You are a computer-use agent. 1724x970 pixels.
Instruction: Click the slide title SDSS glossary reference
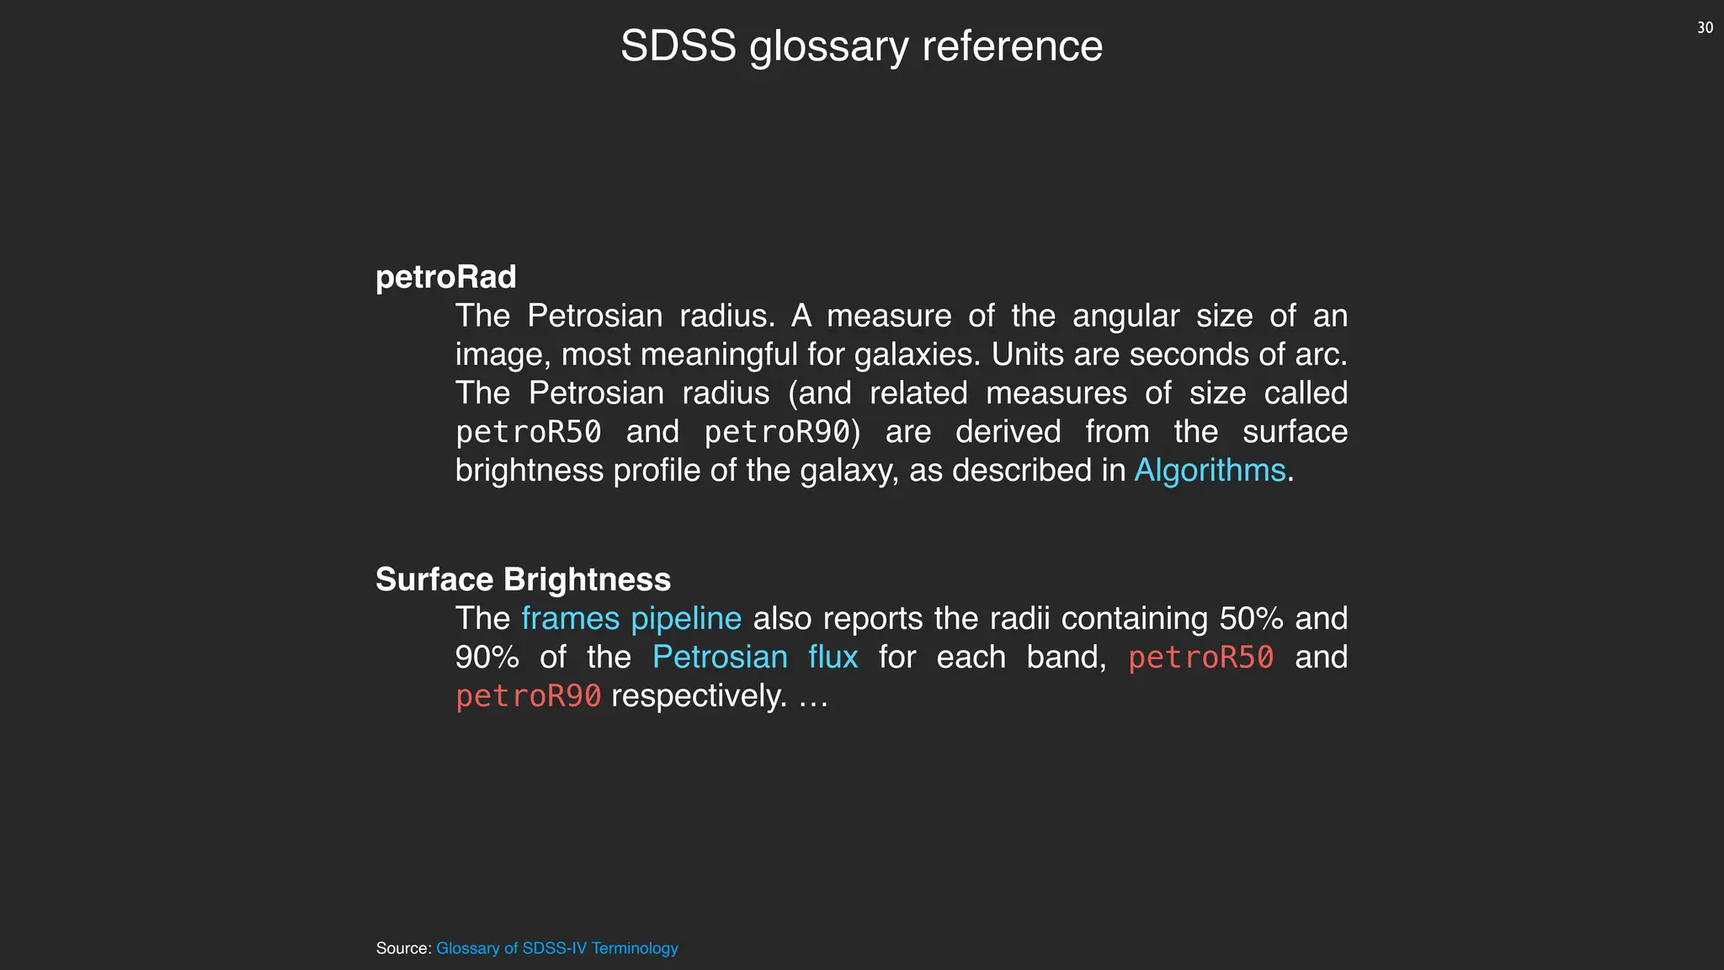coord(861,46)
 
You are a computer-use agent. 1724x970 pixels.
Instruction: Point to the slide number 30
coord(1705,28)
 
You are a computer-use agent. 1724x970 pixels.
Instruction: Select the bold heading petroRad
coord(445,277)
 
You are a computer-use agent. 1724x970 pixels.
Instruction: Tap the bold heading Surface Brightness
coord(523,579)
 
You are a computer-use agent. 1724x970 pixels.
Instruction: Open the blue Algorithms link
coord(1210,470)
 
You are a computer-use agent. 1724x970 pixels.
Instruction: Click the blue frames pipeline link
coord(631,618)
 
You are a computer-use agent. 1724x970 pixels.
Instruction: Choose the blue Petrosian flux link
coord(755,657)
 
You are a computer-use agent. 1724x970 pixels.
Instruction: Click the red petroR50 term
coord(1200,657)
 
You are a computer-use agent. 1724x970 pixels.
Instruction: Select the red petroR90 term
coord(529,696)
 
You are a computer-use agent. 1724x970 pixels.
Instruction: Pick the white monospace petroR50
coord(529,432)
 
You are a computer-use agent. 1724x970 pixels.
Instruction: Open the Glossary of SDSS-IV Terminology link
coord(556,948)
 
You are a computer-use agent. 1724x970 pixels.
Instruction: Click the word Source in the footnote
coord(402,948)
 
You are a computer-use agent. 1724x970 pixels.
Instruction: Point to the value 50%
coord(1251,618)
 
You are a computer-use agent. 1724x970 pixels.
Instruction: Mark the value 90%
coord(487,657)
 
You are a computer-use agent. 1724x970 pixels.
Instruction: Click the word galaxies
coord(917,354)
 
